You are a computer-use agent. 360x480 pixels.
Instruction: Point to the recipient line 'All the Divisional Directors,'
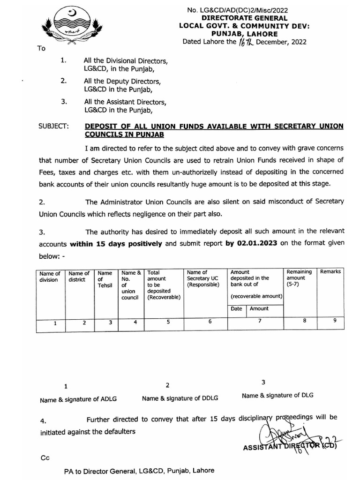(x=124, y=60)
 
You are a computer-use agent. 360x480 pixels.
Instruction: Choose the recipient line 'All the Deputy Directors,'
(x=122, y=81)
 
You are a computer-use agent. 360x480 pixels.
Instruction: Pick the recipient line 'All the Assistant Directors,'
(x=124, y=101)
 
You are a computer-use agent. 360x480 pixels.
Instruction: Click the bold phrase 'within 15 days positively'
(x=116, y=243)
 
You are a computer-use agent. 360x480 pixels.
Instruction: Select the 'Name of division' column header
(x=50, y=277)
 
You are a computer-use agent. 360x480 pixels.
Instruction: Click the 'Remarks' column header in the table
(x=330, y=272)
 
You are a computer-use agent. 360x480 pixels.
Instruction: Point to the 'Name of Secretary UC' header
(x=203, y=278)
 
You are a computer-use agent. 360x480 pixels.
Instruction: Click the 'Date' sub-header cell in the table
(x=236, y=309)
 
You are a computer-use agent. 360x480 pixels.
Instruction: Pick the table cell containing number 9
(x=334, y=321)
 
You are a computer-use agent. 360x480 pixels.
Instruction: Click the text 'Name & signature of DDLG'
(x=174, y=398)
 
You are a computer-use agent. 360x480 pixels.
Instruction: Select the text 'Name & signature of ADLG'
(x=78, y=400)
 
